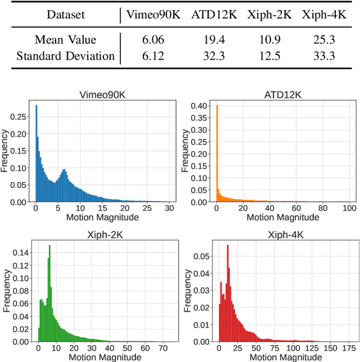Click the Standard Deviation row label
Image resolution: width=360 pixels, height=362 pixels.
pyautogui.click(x=65, y=56)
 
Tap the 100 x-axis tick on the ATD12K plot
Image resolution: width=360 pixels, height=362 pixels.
pyautogui.click(x=348, y=209)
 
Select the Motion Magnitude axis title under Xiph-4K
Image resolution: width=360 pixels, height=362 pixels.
pyautogui.click(x=279, y=357)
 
